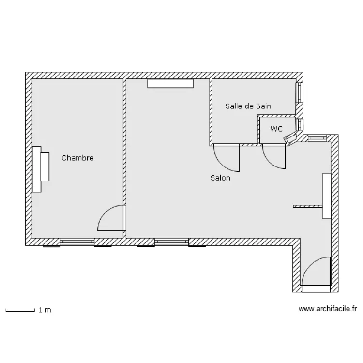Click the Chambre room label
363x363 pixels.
(77, 158)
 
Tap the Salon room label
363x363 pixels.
(220, 178)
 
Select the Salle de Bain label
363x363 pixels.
(248, 106)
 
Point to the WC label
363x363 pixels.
(276, 129)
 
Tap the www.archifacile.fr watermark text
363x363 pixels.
(328, 309)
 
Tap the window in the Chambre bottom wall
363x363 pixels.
(77, 242)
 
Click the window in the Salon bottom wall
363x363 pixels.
(171, 242)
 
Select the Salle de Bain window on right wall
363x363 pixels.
(299, 92)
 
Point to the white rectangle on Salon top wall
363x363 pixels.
(170, 83)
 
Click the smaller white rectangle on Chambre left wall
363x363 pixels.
(45, 166)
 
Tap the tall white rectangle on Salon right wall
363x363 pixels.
(327, 196)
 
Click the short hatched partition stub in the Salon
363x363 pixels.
(308, 206)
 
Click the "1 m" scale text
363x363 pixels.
(45, 310)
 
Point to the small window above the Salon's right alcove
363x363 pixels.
(317, 138)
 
